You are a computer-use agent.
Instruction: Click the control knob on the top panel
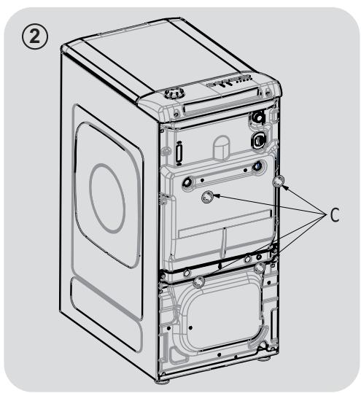pos(174,94)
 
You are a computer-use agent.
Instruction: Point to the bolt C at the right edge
pos(277,181)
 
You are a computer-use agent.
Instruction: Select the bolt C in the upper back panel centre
pos(207,195)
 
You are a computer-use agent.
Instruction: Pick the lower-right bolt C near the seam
pos(260,269)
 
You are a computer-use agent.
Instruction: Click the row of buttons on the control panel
pos(232,85)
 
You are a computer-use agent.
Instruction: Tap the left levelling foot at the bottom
pos(163,380)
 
